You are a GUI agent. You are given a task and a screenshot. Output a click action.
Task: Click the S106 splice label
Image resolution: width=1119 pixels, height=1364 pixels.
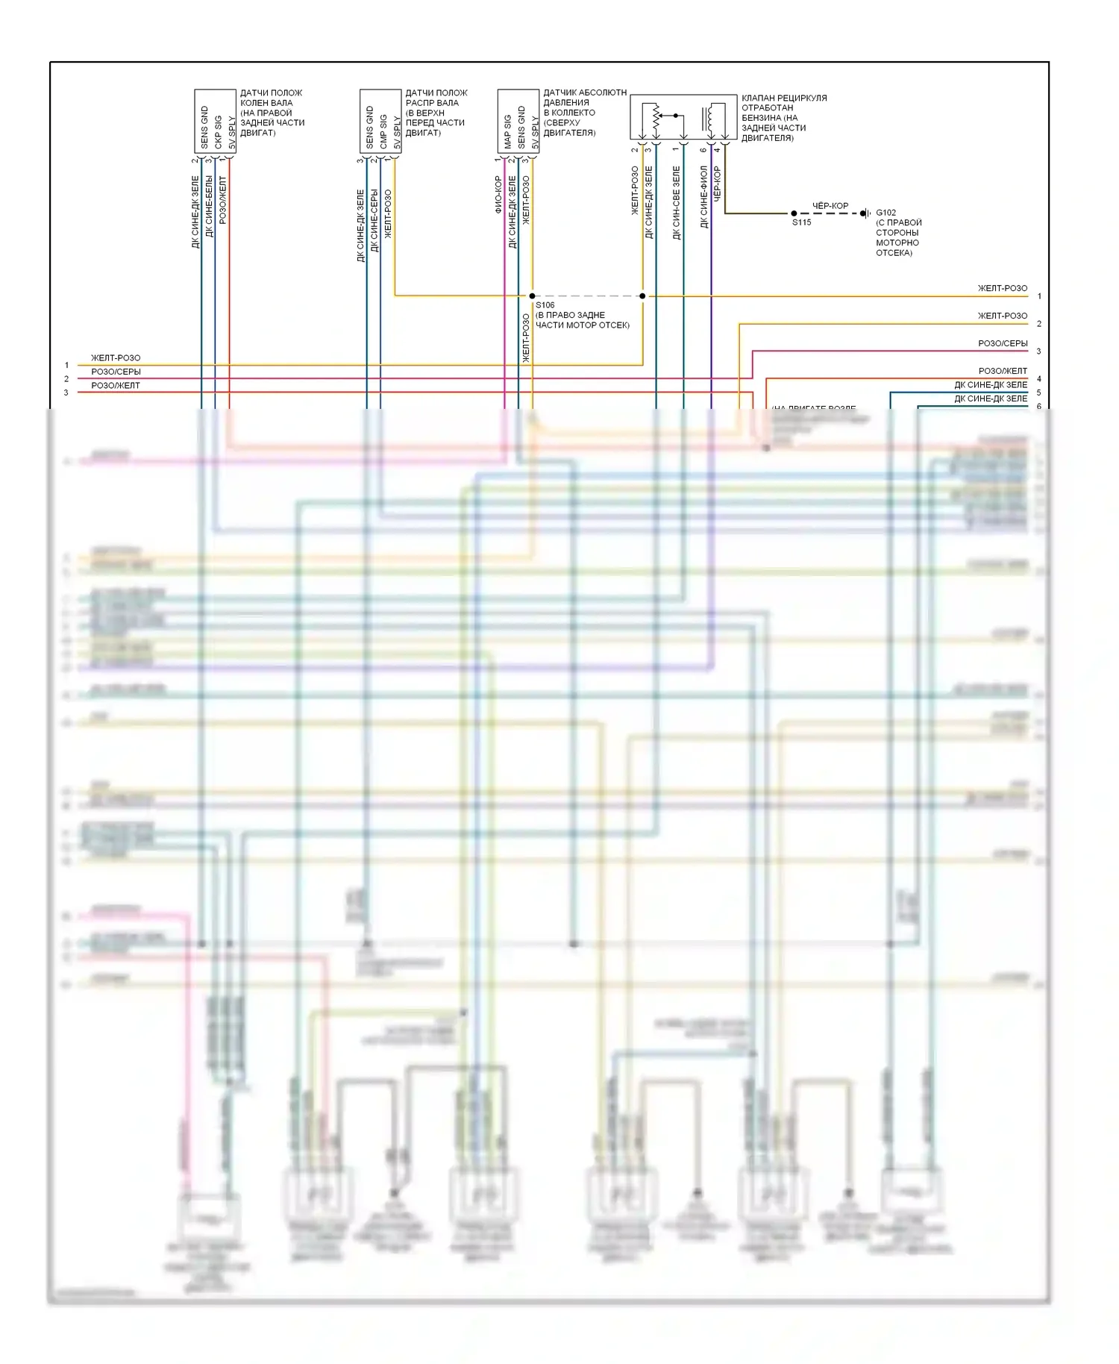[x=545, y=305]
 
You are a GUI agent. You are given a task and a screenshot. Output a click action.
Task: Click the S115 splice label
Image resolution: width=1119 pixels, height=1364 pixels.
[x=801, y=222]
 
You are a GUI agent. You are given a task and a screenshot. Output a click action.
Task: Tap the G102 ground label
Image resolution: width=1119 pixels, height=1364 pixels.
[x=886, y=213]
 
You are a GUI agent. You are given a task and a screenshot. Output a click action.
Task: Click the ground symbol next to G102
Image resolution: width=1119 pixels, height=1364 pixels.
[x=865, y=213]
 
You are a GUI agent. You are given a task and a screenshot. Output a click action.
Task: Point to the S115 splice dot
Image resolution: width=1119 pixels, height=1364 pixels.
[x=794, y=213]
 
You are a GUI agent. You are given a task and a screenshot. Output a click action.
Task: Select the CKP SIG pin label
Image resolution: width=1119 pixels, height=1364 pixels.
[x=218, y=132]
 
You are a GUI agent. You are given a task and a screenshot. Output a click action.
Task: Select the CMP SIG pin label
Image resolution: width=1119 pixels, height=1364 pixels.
[x=383, y=132]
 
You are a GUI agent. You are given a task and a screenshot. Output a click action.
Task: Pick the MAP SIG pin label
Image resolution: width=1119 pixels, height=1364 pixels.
[x=508, y=132]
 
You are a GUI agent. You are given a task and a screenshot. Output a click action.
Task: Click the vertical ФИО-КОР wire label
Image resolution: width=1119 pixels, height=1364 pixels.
[x=498, y=195]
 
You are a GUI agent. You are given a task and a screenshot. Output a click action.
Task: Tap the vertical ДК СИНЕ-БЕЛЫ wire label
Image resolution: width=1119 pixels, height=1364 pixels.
[x=209, y=207]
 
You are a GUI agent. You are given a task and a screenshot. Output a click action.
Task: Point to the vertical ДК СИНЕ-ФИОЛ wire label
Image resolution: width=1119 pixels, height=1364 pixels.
[x=703, y=197]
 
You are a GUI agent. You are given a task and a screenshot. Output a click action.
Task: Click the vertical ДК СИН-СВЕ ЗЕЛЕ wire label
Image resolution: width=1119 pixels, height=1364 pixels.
[x=676, y=203]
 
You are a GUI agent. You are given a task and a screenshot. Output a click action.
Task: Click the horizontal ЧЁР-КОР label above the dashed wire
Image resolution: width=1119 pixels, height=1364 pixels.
[x=830, y=205]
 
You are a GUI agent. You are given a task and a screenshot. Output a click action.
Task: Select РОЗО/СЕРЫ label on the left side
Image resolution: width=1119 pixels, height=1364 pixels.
[x=116, y=372]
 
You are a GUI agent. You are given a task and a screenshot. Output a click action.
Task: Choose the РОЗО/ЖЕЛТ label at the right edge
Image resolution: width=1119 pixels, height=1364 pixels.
[x=1003, y=371]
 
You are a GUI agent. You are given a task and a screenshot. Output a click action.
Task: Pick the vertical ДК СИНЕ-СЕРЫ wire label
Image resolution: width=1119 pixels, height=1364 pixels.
[x=374, y=221]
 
